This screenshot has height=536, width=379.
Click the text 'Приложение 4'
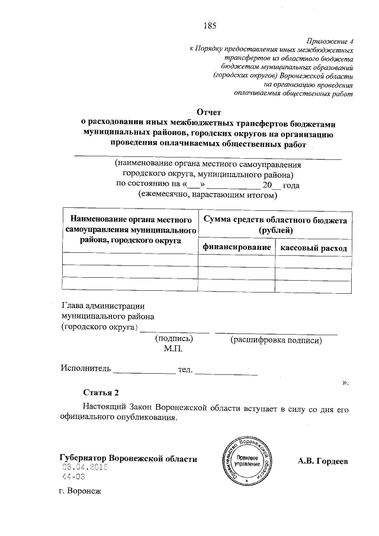329,41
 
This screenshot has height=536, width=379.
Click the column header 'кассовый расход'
314,248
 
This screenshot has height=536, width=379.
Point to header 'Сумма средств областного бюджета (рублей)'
275,224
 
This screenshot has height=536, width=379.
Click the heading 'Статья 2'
101,393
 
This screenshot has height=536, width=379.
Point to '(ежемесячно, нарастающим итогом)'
207,194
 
